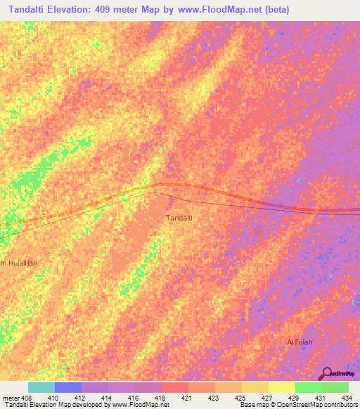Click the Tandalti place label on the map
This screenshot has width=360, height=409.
click(179, 218)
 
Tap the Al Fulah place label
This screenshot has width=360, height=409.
click(299, 342)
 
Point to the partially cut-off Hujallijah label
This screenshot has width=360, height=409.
click(19, 263)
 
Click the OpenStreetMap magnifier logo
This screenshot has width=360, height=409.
click(326, 372)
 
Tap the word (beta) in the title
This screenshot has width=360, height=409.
click(274, 11)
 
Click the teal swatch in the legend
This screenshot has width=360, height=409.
click(41, 387)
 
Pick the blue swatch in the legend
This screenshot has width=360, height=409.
click(68, 387)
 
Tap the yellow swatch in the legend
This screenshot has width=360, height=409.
click(282, 387)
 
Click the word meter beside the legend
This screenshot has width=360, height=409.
click(10, 398)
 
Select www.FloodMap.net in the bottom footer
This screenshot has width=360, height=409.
click(141, 405)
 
